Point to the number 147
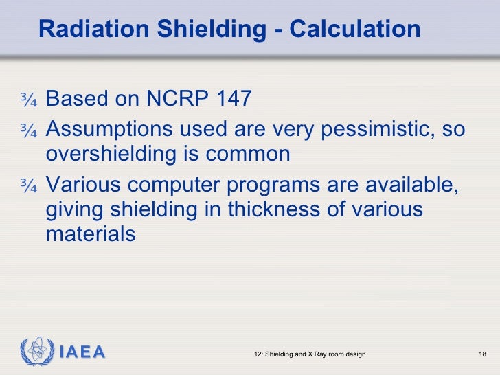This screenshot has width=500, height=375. [x=234, y=100]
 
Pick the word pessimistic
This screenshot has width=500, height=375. [x=371, y=130]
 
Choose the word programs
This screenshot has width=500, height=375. [x=293, y=185]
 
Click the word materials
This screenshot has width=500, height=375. [x=91, y=234]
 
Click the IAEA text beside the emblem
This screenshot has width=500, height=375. [x=82, y=353]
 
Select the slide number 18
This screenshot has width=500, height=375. [x=481, y=354]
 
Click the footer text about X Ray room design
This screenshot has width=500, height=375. [x=310, y=354]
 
